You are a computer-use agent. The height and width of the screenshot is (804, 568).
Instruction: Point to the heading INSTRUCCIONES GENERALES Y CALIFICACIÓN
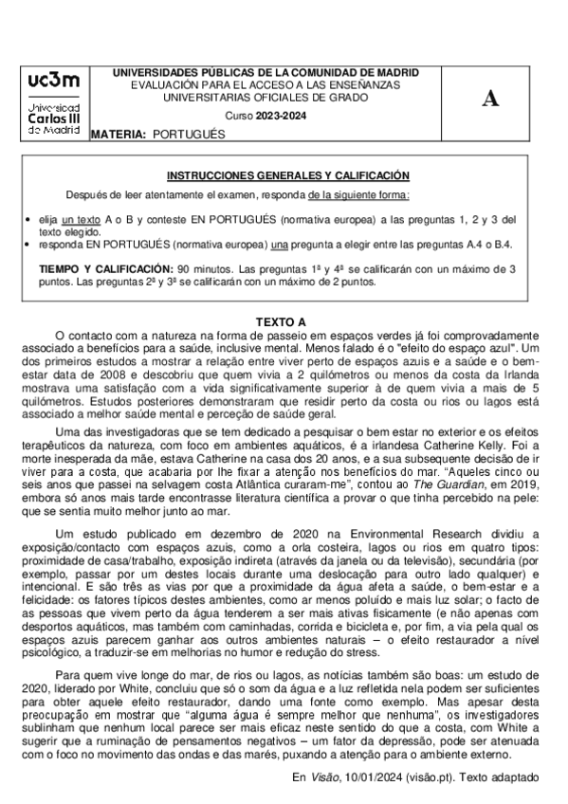point(288,175)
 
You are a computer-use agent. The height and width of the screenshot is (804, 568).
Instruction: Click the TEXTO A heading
point(282,322)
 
